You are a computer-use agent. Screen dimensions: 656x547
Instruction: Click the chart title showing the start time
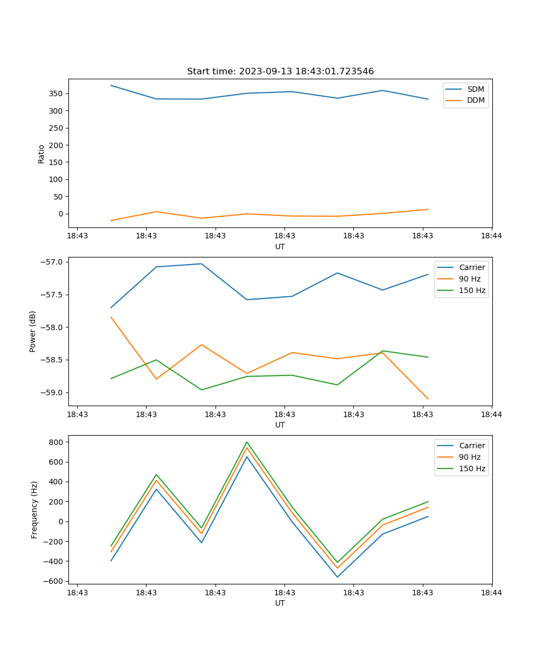(x=280, y=72)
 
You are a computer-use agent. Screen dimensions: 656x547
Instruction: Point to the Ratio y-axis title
(x=42, y=153)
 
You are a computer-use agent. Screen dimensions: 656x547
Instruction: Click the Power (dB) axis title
(x=33, y=331)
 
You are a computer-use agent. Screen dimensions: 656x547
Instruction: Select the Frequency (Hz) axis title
(x=34, y=509)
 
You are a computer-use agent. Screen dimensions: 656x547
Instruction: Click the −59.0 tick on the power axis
(x=51, y=393)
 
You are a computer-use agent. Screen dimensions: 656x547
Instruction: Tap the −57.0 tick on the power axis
(x=51, y=262)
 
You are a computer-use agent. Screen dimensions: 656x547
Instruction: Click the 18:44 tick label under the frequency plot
(x=491, y=592)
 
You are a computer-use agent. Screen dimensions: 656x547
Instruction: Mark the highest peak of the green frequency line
(x=247, y=442)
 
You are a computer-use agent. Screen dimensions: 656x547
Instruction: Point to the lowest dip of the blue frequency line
(x=337, y=577)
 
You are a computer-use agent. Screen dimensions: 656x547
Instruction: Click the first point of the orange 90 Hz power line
(x=111, y=317)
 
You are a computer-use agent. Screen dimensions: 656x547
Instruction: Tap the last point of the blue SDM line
(x=428, y=99)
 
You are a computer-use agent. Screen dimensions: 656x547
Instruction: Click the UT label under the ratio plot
(x=280, y=247)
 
